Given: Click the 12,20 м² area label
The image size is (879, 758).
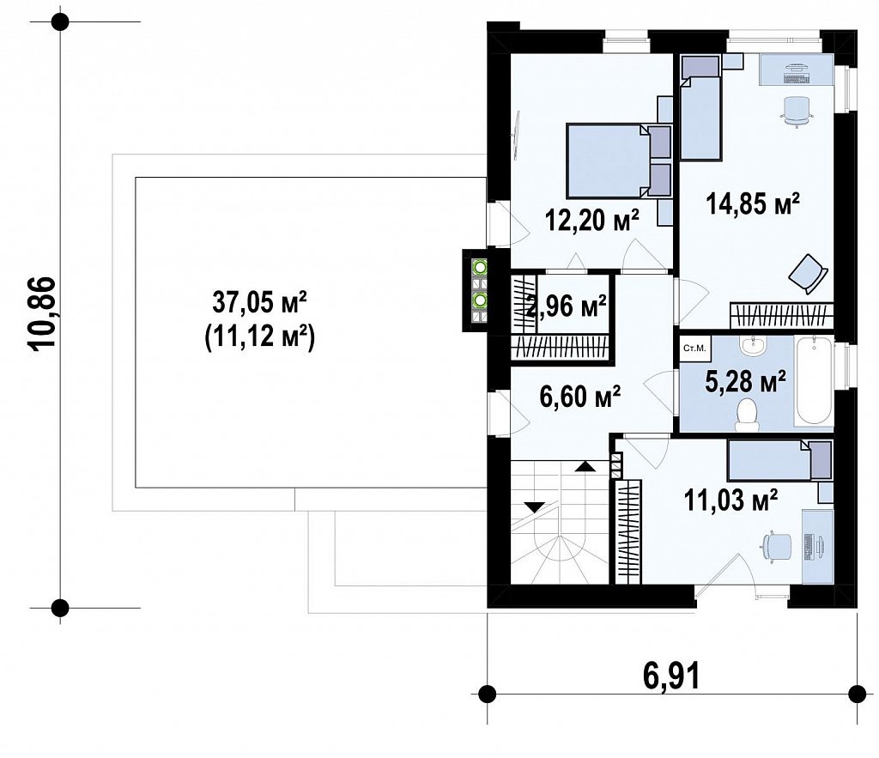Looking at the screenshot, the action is point(592,221).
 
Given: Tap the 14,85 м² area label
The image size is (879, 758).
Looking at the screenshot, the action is point(752,203).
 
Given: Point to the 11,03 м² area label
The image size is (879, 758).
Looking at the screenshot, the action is point(730,499).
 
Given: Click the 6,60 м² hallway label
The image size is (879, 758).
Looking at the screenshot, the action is point(579,397).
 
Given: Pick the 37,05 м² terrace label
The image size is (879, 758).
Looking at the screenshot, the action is point(259,303).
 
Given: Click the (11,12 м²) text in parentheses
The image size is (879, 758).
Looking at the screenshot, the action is point(259,337).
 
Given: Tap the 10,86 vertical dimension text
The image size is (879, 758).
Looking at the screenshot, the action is point(43,313).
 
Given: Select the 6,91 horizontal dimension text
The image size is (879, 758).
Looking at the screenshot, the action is point(671,676).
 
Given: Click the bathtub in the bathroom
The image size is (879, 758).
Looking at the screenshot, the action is point(814,380).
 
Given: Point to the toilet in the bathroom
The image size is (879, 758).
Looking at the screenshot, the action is point(748,415).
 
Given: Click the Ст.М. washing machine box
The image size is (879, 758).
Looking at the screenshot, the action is point(694,349).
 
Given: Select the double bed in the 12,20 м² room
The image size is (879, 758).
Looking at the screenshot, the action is point(619,161).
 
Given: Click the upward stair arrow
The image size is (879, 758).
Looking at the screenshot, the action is point(585,466).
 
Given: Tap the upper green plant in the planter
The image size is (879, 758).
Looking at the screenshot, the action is point(480,268).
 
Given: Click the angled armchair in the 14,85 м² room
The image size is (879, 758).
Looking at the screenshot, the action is point(809,274).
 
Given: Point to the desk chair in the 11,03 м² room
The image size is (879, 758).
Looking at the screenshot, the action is point(776,545).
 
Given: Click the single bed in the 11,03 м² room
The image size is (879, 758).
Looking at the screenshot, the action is point(779,460).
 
